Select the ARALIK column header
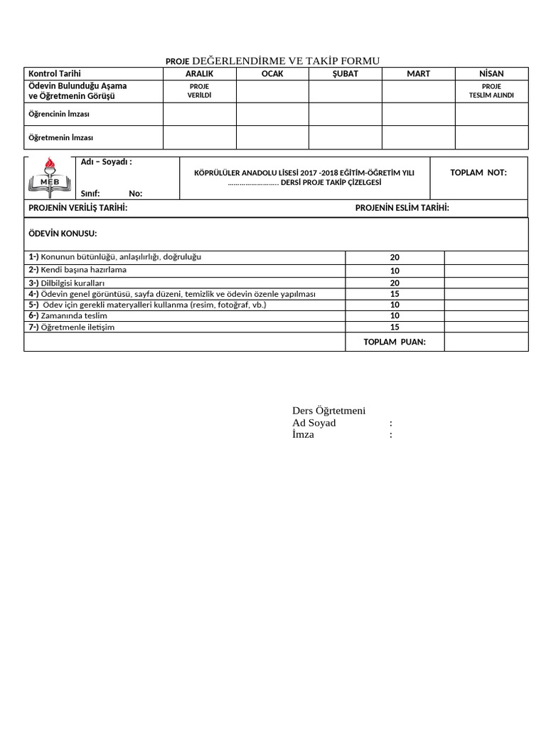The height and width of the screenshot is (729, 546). point(199,74)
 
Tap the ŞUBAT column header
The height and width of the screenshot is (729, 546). point(346,74)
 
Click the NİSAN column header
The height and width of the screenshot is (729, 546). point(491,74)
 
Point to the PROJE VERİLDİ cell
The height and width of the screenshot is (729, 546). point(199,91)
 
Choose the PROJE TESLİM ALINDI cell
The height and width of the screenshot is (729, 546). point(491,91)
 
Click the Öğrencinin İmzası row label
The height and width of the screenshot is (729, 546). point(58,114)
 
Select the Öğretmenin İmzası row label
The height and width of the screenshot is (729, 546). point(60,137)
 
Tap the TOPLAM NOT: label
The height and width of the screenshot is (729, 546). point(478,173)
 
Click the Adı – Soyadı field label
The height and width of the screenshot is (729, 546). point(107,162)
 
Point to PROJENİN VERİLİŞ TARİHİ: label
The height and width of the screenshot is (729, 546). point(77,208)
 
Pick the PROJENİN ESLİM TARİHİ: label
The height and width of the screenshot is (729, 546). point(402,208)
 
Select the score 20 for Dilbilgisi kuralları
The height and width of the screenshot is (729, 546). point(395,283)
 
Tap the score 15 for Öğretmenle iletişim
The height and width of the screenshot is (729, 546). point(395,327)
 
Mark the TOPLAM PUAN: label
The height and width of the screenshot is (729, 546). point(395,342)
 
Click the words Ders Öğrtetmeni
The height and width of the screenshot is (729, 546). point(328,411)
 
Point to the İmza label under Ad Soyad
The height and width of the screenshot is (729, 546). point(303,435)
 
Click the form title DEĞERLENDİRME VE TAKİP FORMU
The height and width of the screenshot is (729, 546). point(286,61)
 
